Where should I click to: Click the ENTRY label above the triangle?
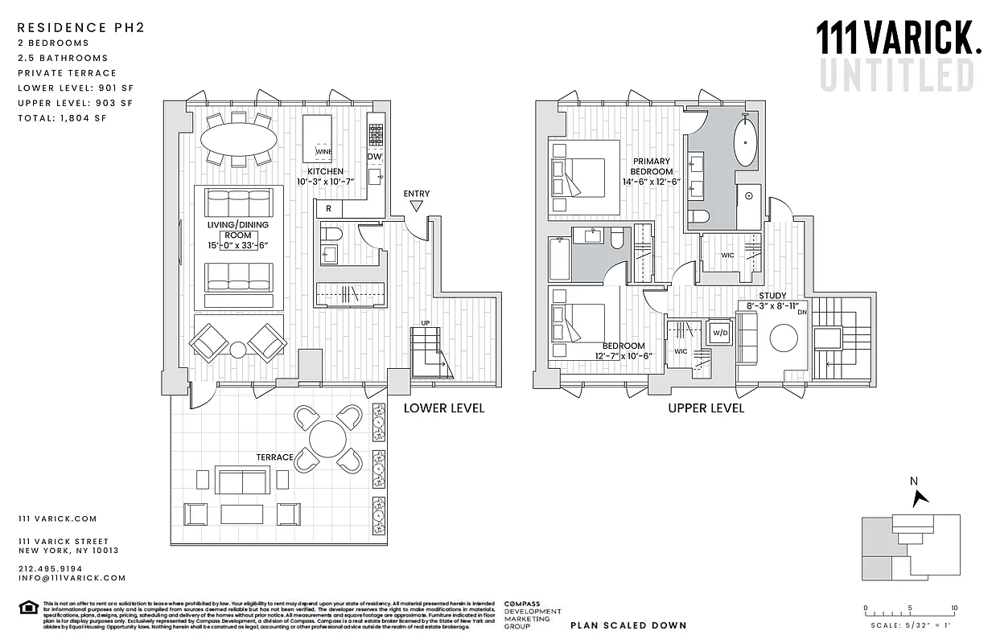pos(416,194)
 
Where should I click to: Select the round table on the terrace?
pos(327,438)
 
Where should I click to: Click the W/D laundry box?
pos(719,333)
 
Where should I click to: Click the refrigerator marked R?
pos(329,209)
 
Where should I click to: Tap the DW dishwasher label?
pos(375,157)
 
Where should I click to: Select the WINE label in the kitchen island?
pos(323,151)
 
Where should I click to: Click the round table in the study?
pos(784,338)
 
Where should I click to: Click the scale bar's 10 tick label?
pos(953,608)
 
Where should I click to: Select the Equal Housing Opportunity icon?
pos(28,607)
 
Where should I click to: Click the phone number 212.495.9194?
pos(50,568)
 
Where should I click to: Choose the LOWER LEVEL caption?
pos(443,408)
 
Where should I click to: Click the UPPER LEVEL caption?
pos(706,408)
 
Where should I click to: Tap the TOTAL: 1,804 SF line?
pos(62,118)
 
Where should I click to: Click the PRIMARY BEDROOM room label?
pos(652,166)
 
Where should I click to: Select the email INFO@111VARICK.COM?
pos(72,578)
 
